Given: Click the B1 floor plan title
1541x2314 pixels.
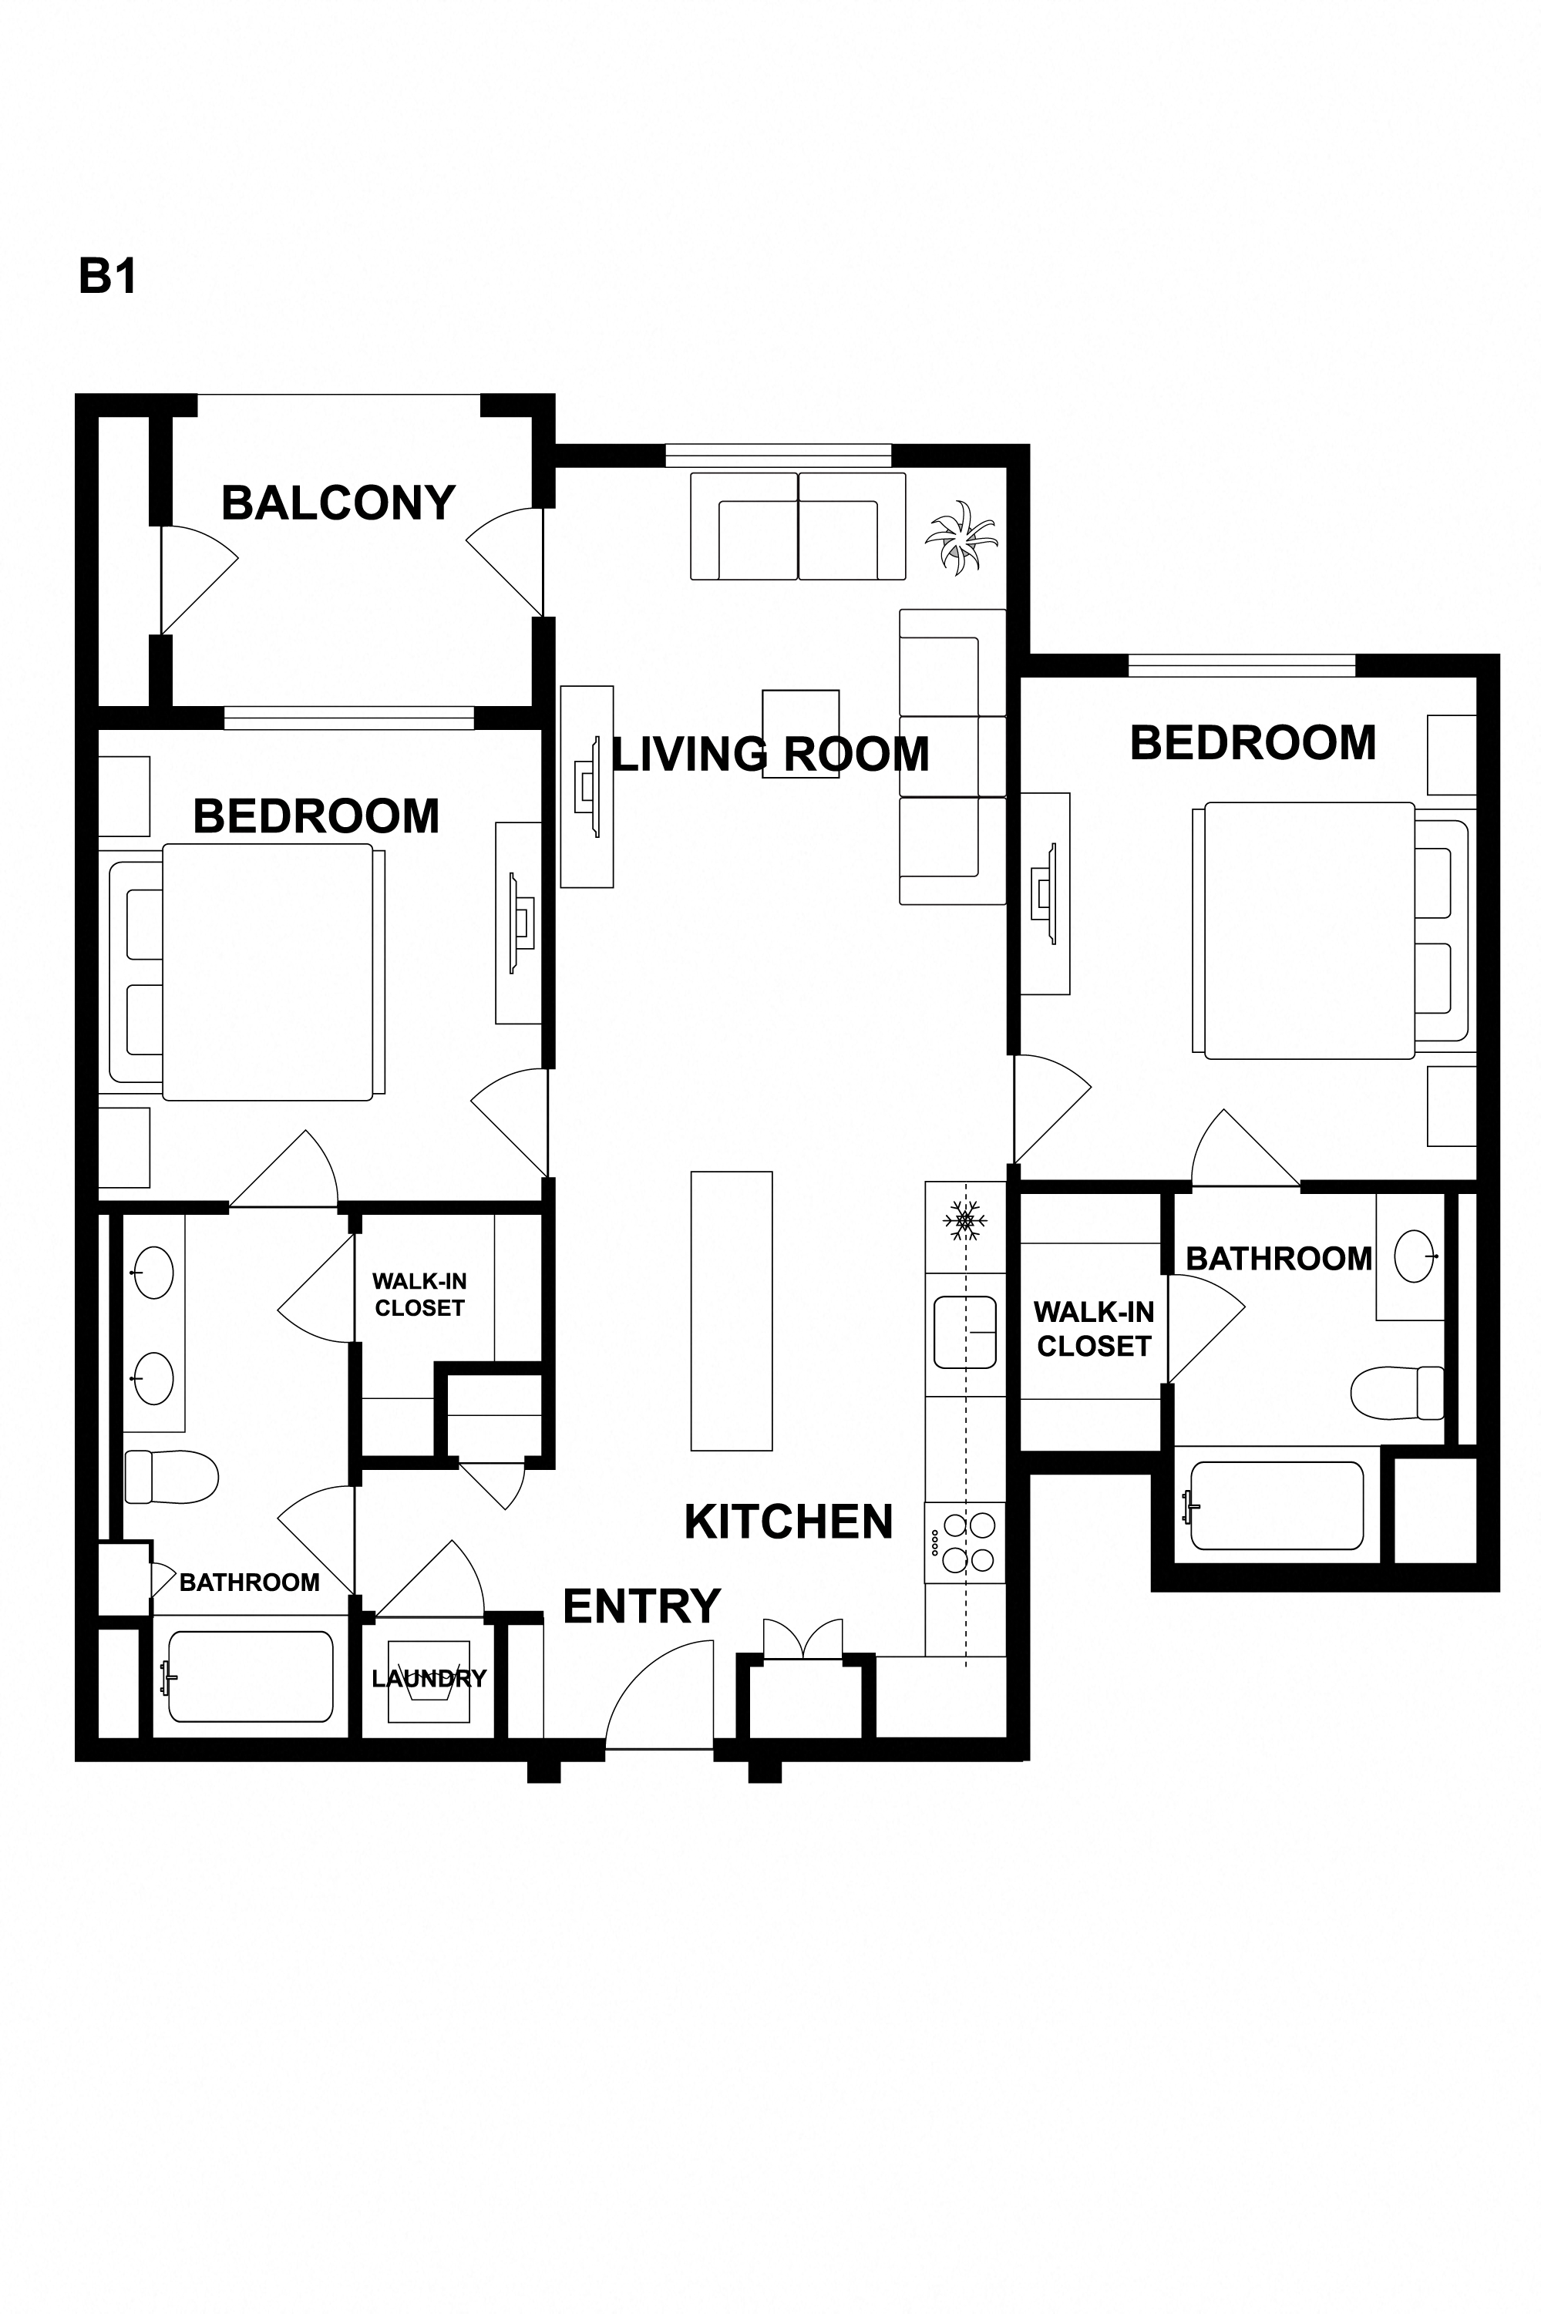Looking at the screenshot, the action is coord(107,277).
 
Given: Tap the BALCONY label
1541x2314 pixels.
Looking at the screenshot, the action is coord(338,503).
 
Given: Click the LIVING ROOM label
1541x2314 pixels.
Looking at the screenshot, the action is coord(771,754).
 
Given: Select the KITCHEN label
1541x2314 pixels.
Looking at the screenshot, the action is coord(788,1522).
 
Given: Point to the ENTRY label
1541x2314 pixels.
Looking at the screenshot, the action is coord(641,1606).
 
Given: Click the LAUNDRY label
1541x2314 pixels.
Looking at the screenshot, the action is coord(429,1678).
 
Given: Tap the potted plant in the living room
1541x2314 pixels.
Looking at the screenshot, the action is coord(961,536).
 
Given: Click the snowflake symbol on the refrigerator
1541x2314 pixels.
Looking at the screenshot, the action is coord(964,1220).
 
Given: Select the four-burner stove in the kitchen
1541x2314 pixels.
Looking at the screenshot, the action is coord(965,1542).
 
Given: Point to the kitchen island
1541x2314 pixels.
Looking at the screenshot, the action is coord(732,1310).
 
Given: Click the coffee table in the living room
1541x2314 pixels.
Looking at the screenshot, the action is coord(801,734).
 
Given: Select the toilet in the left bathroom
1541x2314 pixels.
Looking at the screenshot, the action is coord(171,1477).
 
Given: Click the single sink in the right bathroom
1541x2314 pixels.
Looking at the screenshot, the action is coord(1415,1256).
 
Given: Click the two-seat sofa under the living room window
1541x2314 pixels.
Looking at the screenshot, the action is coord(798,526).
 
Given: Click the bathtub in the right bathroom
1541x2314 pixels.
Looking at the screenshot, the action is coord(1277,1505).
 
